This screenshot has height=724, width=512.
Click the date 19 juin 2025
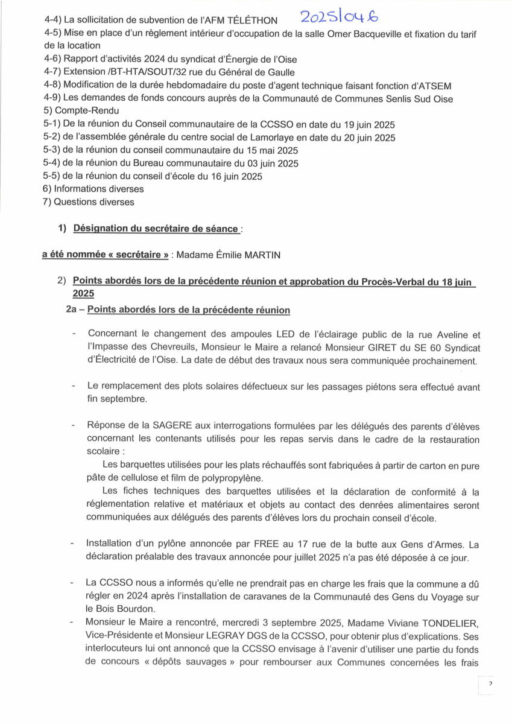click(x=363, y=124)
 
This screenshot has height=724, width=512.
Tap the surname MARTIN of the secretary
click(x=262, y=255)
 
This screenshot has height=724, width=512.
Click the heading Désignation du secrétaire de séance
click(x=156, y=229)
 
